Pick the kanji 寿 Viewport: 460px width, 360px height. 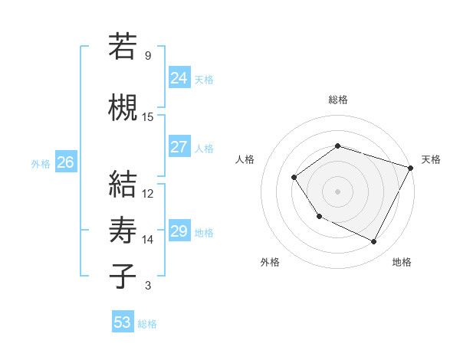pyautogui.click(x=123, y=231)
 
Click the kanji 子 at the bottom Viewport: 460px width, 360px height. pyautogui.click(x=123, y=275)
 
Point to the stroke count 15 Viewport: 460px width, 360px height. pyautogui.click(x=148, y=117)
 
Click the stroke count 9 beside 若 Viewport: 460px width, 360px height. pyautogui.click(x=148, y=56)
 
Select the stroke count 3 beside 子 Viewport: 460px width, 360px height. pyautogui.click(x=148, y=286)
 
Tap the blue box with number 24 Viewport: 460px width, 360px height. pyautogui.click(x=179, y=77)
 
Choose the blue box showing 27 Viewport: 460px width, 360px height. pyautogui.click(x=179, y=147)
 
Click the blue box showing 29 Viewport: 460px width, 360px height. pyautogui.click(x=179, y=231)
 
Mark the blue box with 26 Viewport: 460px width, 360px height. pyautogui.click(x=66, y=162)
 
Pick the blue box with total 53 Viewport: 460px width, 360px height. pyautogui.click(x=122, y=322)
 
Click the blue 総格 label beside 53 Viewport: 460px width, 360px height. pyautogui.click(x=147, y=324)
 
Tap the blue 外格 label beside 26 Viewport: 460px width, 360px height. pyautogui.click(x=41, y=164)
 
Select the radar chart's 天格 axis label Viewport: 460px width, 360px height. pyautogui.click(x=431, y=159)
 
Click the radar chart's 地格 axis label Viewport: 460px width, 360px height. pyautogui.click(x=402, y=262)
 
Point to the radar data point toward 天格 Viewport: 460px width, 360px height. pyautogui.click(x=410, y=168)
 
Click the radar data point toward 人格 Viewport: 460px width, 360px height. pyautogui.click(x=294, y=178)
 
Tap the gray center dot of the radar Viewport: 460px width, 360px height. pyautogui.click(x=337, y=191)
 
